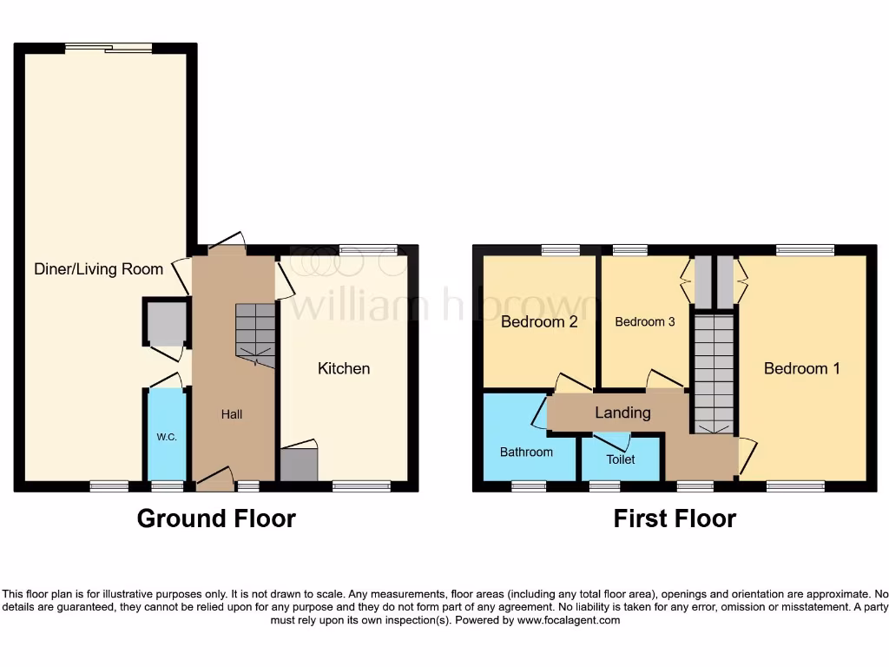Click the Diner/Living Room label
98,268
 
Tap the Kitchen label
344,368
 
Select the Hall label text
232,414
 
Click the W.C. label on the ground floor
167,437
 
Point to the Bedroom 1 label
801,368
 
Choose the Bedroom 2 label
539,322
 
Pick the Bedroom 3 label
644,322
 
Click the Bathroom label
526,452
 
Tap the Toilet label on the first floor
621,459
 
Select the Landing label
622,413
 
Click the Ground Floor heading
216,518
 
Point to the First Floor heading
675,518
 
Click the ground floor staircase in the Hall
254,335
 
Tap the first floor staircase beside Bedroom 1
714,373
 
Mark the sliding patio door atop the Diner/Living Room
110,49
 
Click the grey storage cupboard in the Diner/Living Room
165,323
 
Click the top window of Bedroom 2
560,250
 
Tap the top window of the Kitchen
362,250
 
